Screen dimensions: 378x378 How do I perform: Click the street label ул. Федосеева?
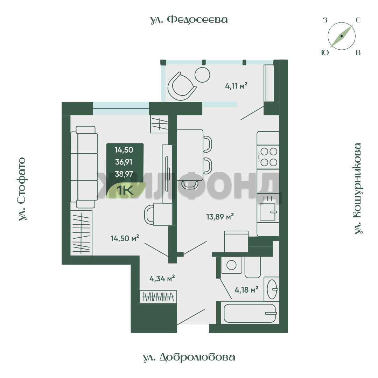(189, 20)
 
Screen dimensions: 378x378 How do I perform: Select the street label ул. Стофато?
(22, 189)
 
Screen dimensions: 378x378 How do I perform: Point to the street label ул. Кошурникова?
(358, 189)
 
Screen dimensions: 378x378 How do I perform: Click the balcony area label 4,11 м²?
(236, 86)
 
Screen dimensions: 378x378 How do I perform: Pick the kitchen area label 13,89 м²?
(220, 217)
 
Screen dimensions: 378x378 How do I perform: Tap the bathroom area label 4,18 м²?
(246, 289)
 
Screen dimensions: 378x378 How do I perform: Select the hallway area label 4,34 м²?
(162, 279)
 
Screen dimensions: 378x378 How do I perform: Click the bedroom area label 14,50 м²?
(125, 238)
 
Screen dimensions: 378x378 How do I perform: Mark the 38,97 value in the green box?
(124, 174)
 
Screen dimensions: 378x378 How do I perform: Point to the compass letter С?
(358, 20)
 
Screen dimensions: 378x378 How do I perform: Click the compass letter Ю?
(325, 52)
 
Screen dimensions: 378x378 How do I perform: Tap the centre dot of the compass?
(342, 36)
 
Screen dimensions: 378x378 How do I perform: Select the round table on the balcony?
(202, 75)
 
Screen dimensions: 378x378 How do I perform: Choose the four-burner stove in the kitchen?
(268, 157)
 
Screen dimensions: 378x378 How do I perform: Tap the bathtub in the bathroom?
(250, 313)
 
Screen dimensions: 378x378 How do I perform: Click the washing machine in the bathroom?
(231, 265)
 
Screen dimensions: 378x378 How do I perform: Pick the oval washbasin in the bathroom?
(272, 289)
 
